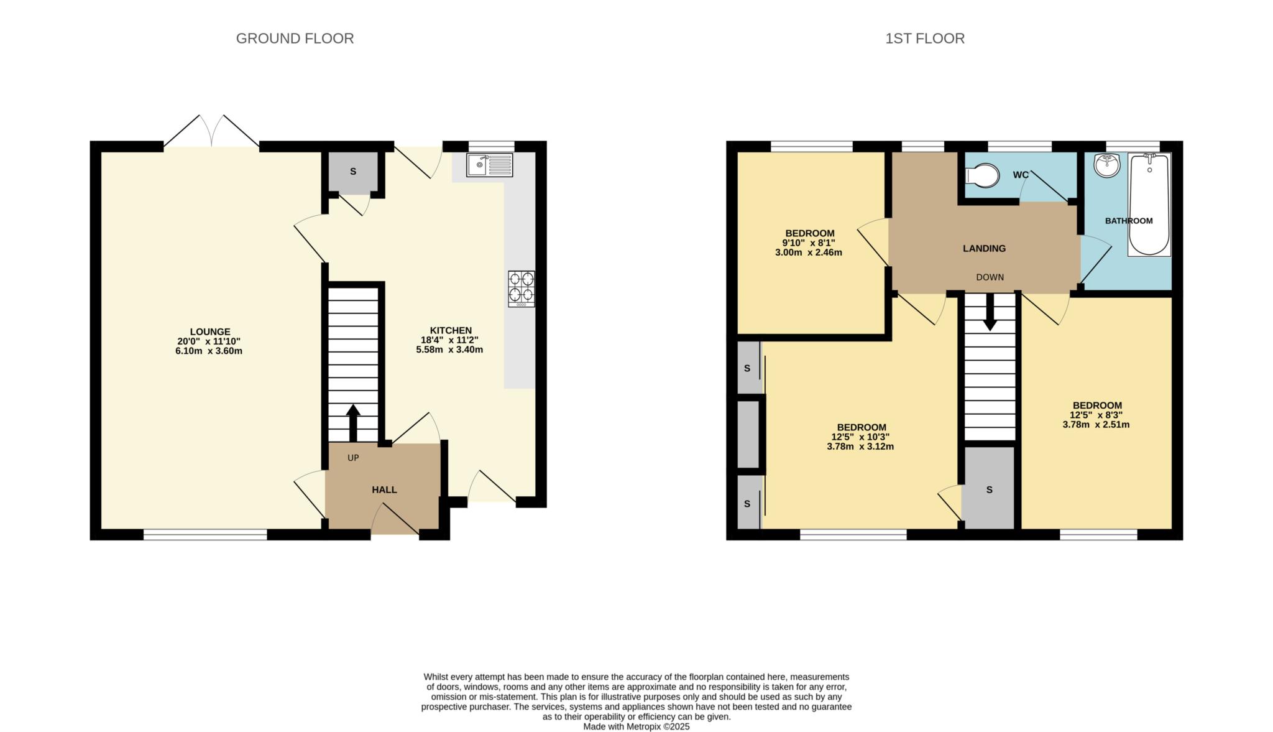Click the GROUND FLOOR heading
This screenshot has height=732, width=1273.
click(x=295, y=39)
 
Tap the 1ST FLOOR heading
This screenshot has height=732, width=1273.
click(x=924, y=39)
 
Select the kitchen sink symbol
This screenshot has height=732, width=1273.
click(x=490, y=165)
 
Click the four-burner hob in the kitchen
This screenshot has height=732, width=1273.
click(x=521, y=289)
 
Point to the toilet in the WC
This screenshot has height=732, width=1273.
click(x=981, y=175)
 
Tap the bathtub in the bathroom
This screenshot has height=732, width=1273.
click(x=1149, y=205)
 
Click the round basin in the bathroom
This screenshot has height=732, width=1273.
click(x=1106, y=165)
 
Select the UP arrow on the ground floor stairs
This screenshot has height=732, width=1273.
click(x=353, y=422)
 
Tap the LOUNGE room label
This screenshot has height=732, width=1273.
click(x=210, y=331)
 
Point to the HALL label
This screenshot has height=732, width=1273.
click(x=384, y=489)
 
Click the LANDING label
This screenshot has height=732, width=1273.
click(x=984, y=248)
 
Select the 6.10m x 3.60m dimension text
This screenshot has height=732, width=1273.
click(x=209, y=351)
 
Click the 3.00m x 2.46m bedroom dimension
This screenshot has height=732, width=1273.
click(x=808, y=252)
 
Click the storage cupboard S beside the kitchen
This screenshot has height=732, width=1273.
click(x=353, y=172)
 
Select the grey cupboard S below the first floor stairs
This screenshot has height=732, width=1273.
click(x=989, y=489)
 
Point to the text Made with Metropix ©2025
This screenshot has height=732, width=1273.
click(x=636, y=726)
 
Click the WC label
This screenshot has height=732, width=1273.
click(x=1021, y=175)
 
